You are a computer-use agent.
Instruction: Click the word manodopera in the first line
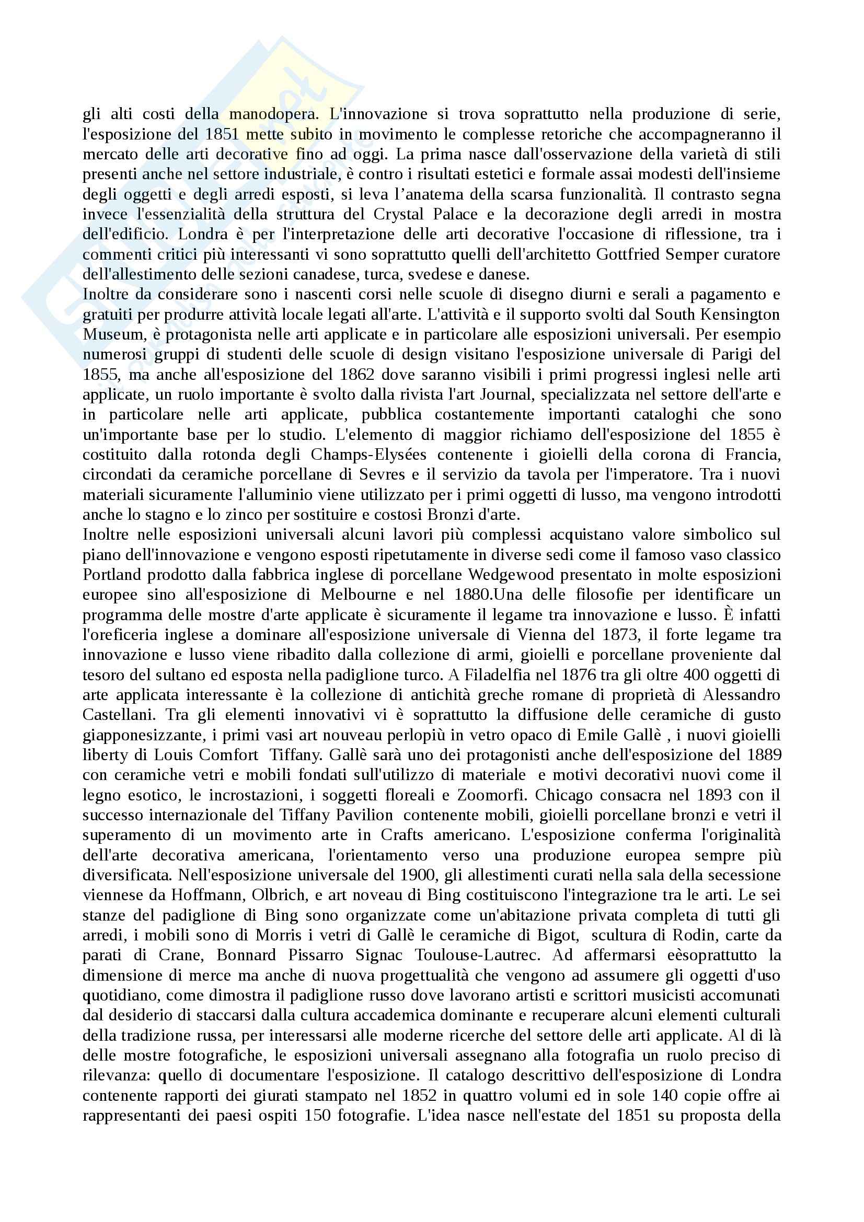pos(274,114)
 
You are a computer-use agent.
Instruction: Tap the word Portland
pos(112,575)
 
